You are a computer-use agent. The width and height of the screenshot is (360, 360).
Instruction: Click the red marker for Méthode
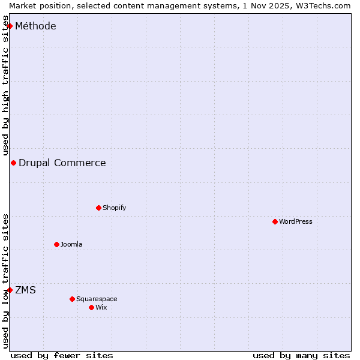coord(10,26)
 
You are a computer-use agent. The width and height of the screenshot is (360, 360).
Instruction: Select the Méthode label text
coord(35,26)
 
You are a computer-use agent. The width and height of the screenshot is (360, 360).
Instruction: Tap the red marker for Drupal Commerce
coord(13,163)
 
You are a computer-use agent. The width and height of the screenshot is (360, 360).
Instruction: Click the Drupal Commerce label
coord(62,163)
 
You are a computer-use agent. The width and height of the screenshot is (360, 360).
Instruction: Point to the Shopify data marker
coord(98,208)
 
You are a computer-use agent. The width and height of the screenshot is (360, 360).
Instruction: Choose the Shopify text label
coord(114,208)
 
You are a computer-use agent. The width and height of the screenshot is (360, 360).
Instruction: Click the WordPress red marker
coord(275,221)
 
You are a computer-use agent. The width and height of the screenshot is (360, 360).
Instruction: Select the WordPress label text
coord(295,221)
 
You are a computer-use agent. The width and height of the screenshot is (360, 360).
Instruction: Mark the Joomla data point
coord(56,244)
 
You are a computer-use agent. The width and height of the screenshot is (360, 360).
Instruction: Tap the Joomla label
coord(71,244)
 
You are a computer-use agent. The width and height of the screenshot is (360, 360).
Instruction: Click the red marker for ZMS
coord(10,290)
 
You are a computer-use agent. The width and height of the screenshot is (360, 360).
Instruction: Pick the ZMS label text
coord(25,290)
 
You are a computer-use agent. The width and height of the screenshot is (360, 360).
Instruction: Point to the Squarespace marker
coord(72,299)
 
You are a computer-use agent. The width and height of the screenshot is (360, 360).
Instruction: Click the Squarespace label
coord(97,299)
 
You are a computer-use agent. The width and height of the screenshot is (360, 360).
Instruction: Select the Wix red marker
coord(91,307)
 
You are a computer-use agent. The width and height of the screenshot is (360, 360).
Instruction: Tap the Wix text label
coord(101,307)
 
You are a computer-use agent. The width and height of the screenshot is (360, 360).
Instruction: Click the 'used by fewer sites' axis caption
coord(62,355)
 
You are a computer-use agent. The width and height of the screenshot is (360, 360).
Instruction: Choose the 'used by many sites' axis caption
coord(301,355)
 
